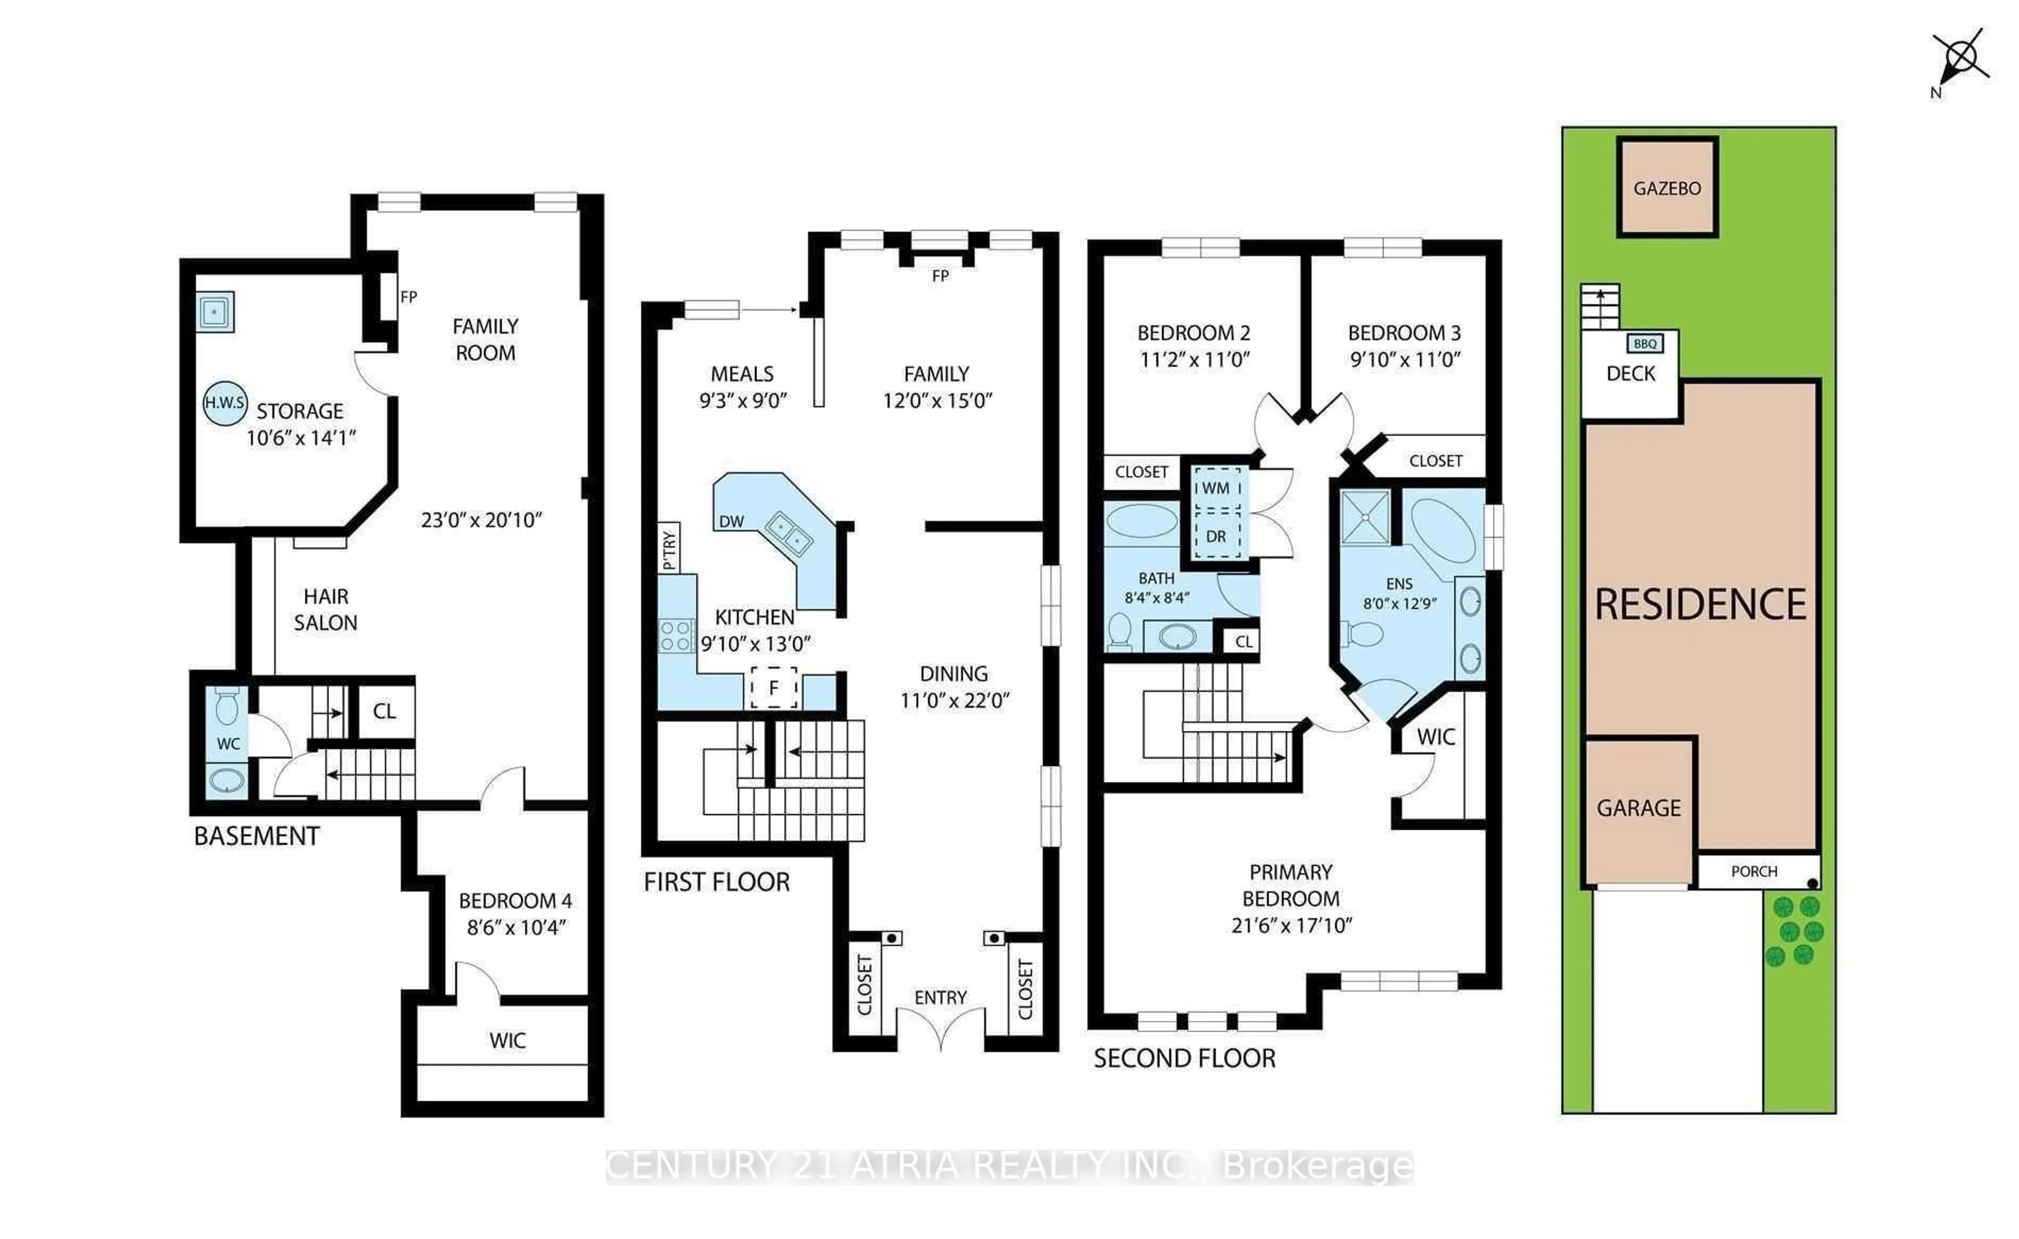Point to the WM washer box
(x=1216, y=488)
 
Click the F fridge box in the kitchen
(x=773, y=688)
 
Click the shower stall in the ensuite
(x=1364, y=517)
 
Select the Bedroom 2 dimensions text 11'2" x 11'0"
(x=1194, y=360)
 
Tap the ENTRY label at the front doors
(x=940, y=997)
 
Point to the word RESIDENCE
(x=1700, y=605)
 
